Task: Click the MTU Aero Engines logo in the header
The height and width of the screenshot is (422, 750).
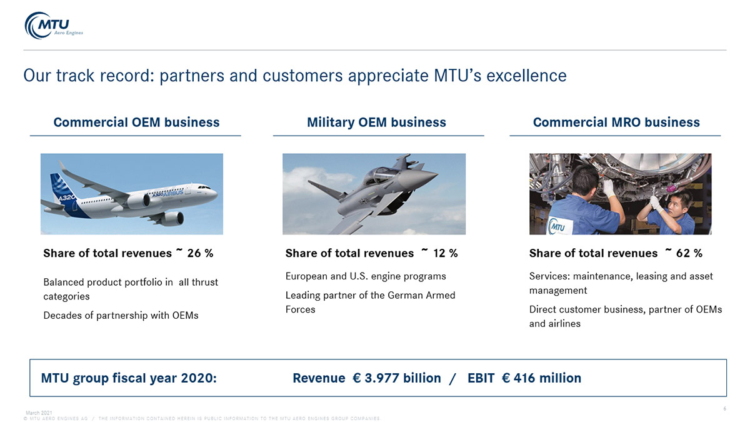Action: point(54,26)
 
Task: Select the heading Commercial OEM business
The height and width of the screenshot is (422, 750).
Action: point(137,123)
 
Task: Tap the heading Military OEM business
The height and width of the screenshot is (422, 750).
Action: point(377,123)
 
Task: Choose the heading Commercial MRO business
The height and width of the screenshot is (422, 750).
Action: point(616,123)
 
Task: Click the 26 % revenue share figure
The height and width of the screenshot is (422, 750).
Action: point(200,253)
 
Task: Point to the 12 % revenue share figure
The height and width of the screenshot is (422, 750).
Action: point(445,253)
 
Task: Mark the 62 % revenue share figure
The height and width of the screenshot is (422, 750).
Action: point(689,253)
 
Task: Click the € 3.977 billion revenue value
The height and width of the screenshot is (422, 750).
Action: point(397,378)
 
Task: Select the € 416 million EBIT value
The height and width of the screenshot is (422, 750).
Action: point(541,378)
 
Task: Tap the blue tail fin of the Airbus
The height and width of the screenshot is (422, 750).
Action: point(64,191)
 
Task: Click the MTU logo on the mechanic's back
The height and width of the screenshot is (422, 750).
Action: point(557,227)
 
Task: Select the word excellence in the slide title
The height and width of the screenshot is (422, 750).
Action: point(526,76)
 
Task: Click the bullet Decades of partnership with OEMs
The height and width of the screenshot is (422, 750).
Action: point(121,316)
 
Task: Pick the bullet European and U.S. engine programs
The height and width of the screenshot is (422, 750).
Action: point(366,276)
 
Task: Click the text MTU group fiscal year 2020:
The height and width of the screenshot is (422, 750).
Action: point(129,378)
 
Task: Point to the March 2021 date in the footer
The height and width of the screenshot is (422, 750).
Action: point(39,413)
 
